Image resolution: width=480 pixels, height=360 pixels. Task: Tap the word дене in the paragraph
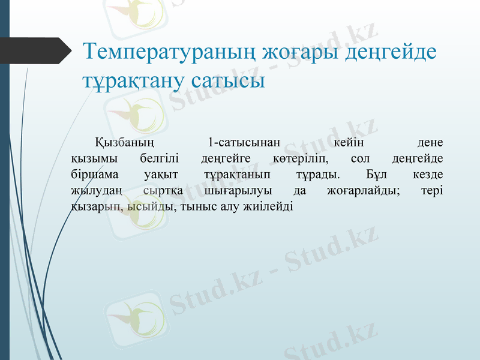430,143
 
